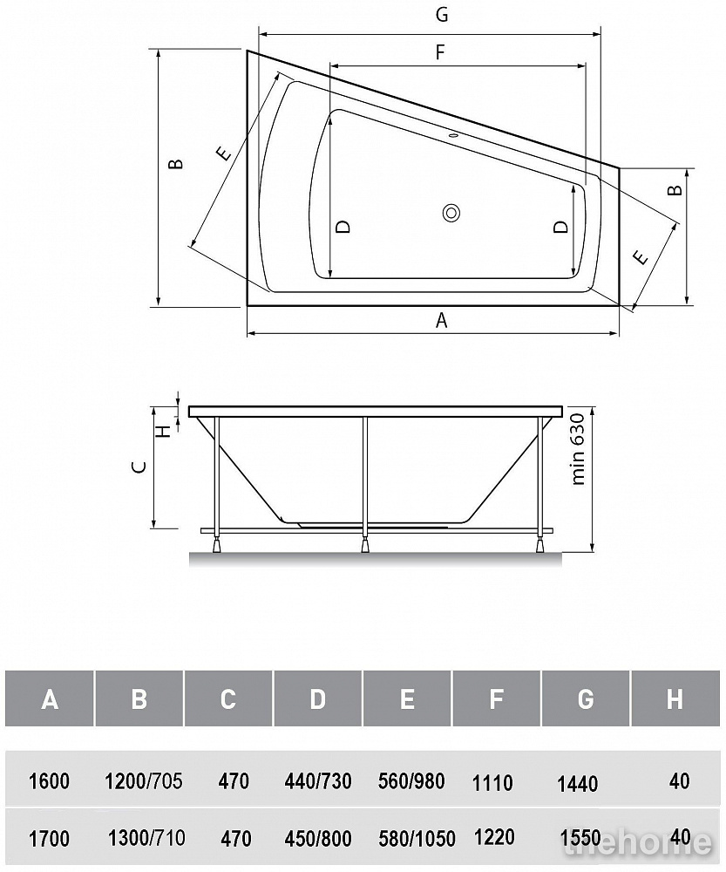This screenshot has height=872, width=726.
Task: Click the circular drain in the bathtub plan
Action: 451,213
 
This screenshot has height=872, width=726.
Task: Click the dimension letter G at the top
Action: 442,15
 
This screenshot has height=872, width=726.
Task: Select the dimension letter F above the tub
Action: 440,52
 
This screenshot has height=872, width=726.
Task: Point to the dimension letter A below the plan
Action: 441,320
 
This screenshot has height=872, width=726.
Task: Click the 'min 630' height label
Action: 578,449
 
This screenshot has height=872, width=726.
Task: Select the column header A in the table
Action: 50,699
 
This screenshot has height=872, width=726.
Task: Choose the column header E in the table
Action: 407,699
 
